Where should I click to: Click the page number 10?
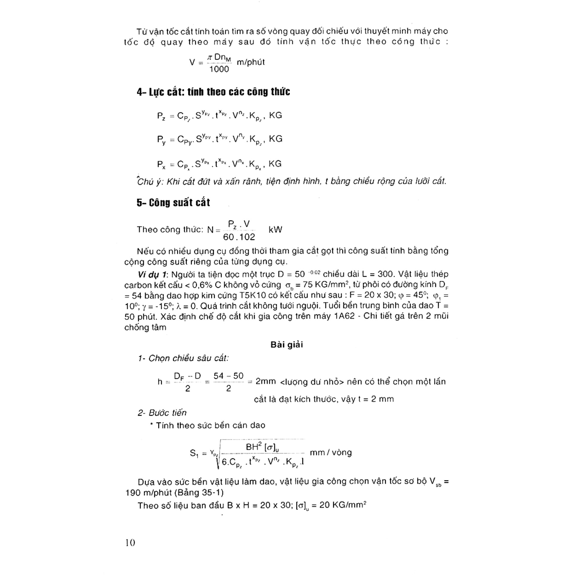click(x=130, y=542)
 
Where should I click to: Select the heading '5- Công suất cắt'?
click(x=173, y=203)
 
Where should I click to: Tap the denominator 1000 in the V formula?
click(x=219, y=69)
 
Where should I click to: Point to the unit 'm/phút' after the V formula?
click(x=251, y=62)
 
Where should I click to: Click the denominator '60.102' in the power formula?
click(x=239, y=237)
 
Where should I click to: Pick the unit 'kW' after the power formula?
click(x=275, y=230)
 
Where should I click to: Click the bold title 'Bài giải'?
click(x=287, y=345)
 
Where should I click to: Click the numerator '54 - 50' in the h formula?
click(x=229, y=376)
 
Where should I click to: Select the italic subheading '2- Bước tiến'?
click(x=162, y=413)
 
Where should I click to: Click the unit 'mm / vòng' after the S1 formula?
click(x=331, y=452)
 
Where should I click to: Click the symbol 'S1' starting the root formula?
click(x=194, y=453)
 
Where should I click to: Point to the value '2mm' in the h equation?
click(x=266, y=382)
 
